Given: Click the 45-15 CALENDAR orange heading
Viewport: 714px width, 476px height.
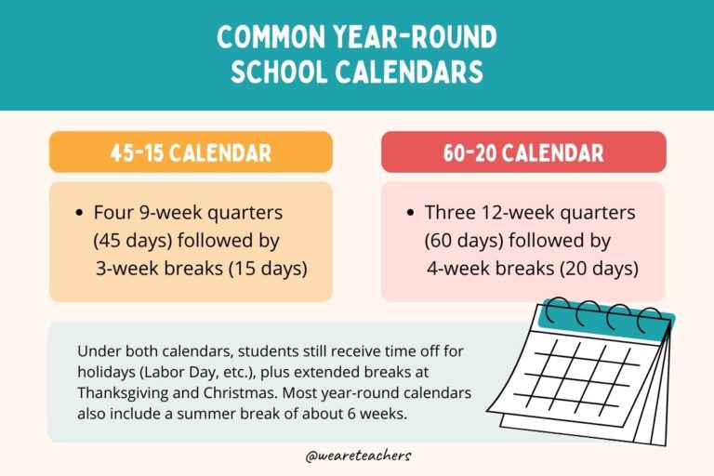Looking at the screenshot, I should click(191, 152).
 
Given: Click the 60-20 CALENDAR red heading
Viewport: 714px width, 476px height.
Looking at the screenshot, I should click(523, 152).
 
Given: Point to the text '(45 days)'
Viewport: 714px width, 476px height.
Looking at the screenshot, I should click(129, 241).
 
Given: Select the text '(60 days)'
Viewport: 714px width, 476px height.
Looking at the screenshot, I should click(462, 241).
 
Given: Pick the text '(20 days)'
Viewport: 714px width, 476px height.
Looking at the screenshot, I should click(601, 269).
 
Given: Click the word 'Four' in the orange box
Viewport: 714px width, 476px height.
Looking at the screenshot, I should click(112, 213).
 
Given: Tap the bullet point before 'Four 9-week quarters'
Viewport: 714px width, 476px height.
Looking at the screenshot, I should click(80, 214).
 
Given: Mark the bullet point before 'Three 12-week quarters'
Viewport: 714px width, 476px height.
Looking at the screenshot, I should click(412, 214).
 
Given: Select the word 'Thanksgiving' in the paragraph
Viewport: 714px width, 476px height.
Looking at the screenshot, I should click(124, 392).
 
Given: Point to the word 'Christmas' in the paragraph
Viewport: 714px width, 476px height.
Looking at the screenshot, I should click(234, 392).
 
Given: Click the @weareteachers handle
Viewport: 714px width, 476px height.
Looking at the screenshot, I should click(357, 456).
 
